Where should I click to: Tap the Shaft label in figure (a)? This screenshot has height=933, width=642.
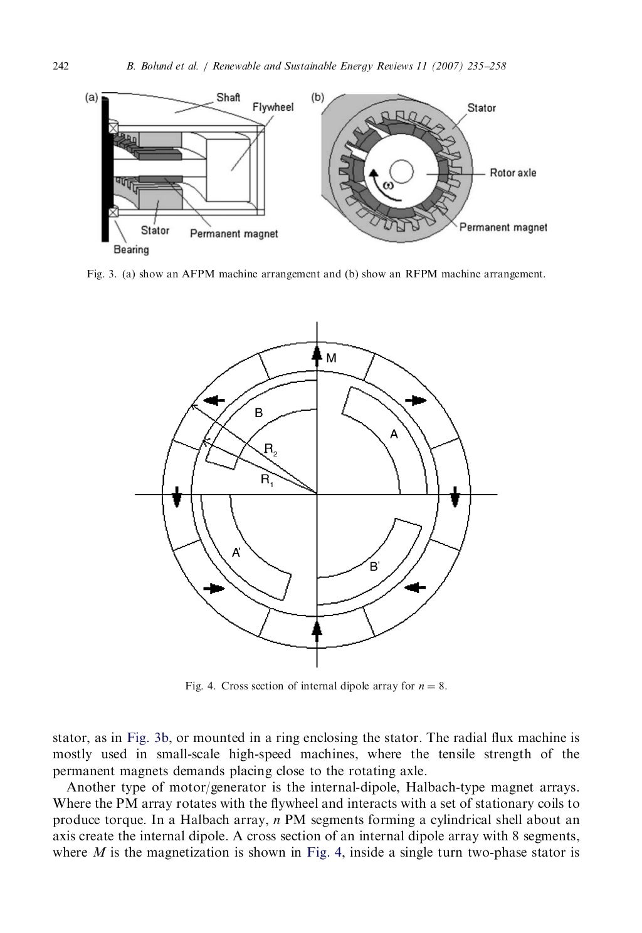(228, 97)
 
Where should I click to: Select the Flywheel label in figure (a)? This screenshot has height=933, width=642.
(273, 107)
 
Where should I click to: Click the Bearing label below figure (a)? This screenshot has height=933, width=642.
(131, 250)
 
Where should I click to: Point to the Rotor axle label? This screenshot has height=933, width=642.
(513, 172)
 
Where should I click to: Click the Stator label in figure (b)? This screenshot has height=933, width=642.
(481, 108)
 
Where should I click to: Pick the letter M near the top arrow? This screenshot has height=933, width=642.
(332, 358)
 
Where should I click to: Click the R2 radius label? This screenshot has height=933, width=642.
(270, 449)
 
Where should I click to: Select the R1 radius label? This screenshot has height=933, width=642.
(267, 481)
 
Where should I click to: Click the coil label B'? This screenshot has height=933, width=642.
(374, 567)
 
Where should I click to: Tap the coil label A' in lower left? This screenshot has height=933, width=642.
(236, 553)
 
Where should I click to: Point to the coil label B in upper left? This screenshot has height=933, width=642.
(258, 413)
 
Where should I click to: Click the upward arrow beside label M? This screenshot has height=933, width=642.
(317, 356)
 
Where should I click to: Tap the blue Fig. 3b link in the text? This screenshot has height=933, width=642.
(148, 738)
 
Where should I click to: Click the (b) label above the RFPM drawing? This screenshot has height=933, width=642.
(318, 97)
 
